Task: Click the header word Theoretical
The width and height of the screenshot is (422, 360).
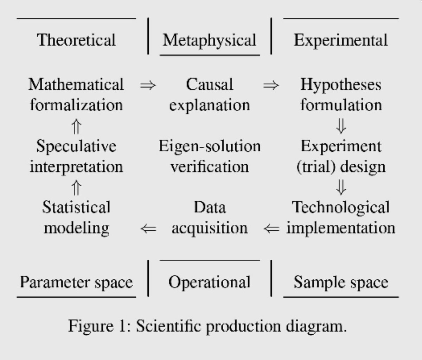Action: click(x=76, y=40)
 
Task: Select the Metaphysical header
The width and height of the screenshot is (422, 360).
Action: click(x=210, y=40)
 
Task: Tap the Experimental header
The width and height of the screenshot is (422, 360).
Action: click(x=341, y=40)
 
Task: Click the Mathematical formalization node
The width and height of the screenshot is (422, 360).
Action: click(x=76, y=95)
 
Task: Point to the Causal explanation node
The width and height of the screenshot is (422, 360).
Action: click(x=210, y=95)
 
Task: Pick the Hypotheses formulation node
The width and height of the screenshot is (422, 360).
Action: click(x=341, y=95)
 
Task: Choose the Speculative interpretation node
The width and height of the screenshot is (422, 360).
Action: click(x=76, y=156)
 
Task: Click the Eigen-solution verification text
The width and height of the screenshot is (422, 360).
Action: click(x=210, y=156)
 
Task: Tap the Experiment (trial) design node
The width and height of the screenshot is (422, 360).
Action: click(x=341, y=156)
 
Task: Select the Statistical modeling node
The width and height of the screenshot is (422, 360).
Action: click(x=76, y=217)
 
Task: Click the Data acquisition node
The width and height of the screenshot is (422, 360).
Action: click(x=210, y=217)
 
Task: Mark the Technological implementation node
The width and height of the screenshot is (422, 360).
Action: click(x=341, y=217)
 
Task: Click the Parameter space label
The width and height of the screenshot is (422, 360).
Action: click(x=76, y=282)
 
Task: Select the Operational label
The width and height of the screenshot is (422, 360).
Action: click(x=210, y=282)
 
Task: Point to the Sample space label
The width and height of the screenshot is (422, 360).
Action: click(x=341, y=282)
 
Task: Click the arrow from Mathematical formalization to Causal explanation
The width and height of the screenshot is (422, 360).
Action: click(x=148, y=85)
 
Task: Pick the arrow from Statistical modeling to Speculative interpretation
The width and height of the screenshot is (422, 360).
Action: click(x=76, y=188)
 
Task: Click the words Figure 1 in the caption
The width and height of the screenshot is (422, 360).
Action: click(x=94, y=326)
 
